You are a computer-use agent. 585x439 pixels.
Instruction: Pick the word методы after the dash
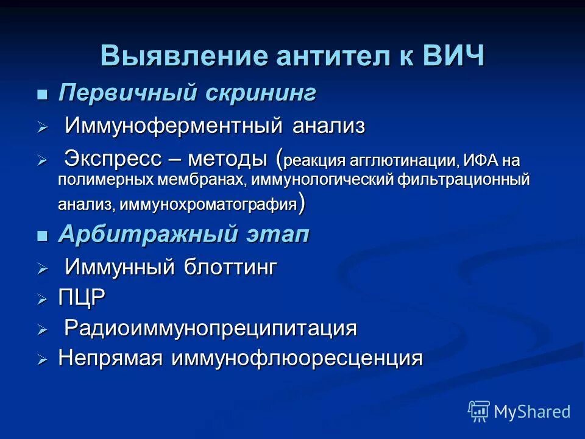pos(227,160)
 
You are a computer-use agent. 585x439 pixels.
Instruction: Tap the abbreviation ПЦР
pos(82,298)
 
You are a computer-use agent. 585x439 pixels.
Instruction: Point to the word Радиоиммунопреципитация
pos(210,329)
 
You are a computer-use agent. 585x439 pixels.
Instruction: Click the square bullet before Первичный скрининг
pos(42,95)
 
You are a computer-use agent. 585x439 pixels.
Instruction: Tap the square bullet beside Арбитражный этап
pos(42,237)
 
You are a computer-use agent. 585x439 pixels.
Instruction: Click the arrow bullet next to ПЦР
pos(42,299)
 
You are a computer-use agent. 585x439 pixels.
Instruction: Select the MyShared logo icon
pos(479,411)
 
